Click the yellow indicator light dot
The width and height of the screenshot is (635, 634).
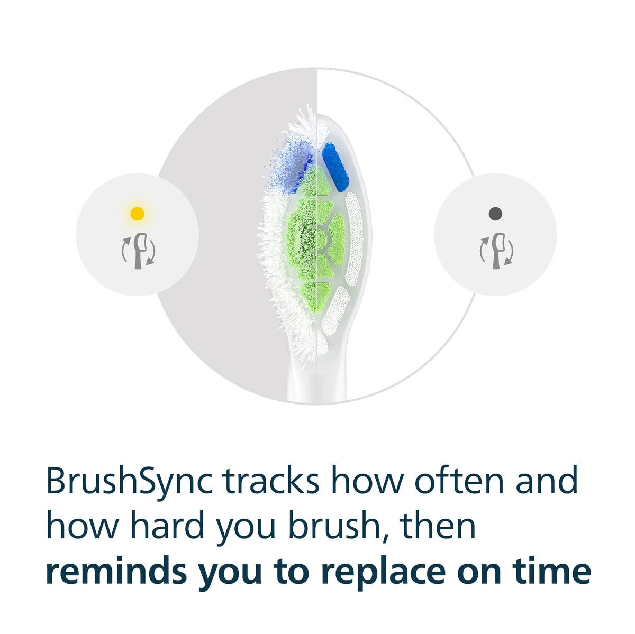pyautogui.click(x=137, y=214)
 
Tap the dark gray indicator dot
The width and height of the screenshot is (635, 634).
pyautogui.click(x=495, y=214)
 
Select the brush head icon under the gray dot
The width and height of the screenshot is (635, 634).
pyautogui.click(x=496, y=251)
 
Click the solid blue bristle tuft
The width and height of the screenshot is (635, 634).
pyautogui.click(x=335, y=167)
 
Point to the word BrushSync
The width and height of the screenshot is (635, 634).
pyautogui.click(x=129, y=482)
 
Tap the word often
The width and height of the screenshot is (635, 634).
pyautogui.click(x=459, y=481)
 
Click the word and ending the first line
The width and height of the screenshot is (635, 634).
pyautogui.click(x=546, y=481)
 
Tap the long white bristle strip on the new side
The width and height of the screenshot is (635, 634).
pyautogui.click(x=353, y=240)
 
